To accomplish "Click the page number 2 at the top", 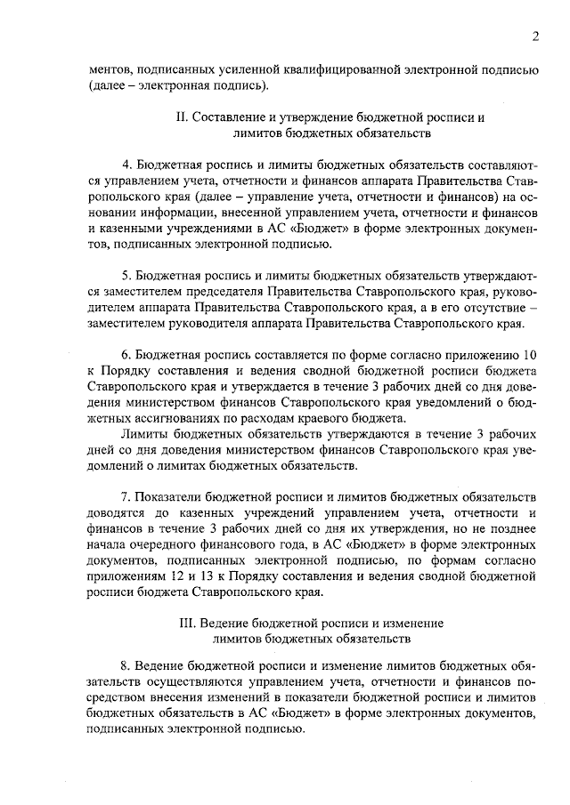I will pos(533,36).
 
